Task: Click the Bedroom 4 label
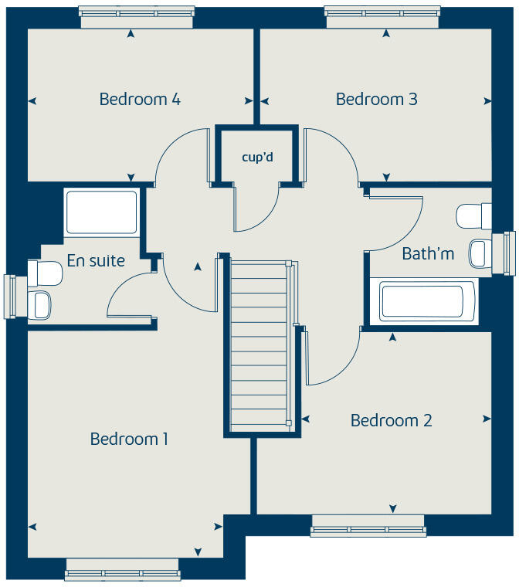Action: [x=140, y=100]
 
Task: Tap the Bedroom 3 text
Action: [x=376, y=100]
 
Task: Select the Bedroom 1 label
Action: [x=129, y=439]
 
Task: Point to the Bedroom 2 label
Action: [x=391, y=421]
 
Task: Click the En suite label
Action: [x=96, y=261]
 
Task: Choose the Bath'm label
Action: [x=428, y=253]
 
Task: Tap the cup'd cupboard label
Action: [x=257, y=158]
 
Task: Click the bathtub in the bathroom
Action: [x=427, y=301]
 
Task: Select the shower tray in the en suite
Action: [x=101, y=212]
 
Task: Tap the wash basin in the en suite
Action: [x=41, y=304]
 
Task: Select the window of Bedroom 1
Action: [x=123, y=575]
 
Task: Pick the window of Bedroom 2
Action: [x=368, y=530]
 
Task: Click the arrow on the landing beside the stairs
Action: [x=198, y=267]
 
